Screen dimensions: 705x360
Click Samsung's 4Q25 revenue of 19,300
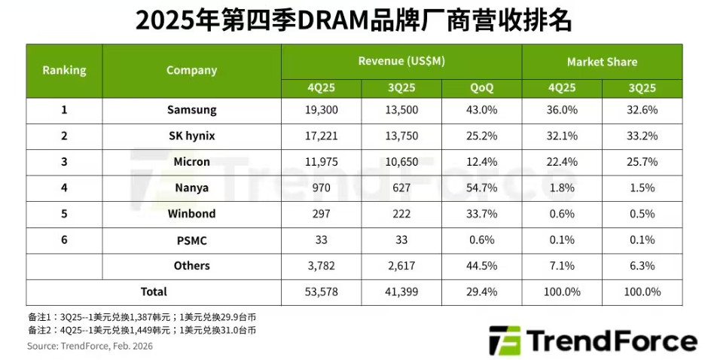tap(321, 110)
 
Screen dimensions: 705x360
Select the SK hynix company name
tap(192, 136)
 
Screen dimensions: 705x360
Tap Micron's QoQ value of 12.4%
tap(481, 162)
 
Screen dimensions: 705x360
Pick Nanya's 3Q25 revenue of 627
tap(401, 188)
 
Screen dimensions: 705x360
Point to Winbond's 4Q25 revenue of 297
tap(321, 213)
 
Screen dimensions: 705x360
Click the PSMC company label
tap(192, 240)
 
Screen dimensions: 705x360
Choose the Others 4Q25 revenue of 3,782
tap(321, 266)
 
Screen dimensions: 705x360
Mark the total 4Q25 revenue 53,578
tap(321, 291)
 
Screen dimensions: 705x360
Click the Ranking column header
tap(64, 70)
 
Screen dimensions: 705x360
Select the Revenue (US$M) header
tap(401, 61)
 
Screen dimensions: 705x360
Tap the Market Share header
tap(602, 62)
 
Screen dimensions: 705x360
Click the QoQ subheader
tap(481, 87)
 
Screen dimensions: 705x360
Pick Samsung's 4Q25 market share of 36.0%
tap(562, 110)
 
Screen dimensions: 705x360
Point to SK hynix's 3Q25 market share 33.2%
tap(642, 136)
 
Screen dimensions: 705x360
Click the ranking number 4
tap(64, 188)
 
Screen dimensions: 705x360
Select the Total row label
tap(154, 291)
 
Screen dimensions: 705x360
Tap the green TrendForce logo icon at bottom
tap(505, 340)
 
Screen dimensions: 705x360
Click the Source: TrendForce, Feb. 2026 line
tap(90, 346)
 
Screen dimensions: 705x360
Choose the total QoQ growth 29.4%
tap(481, 291)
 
